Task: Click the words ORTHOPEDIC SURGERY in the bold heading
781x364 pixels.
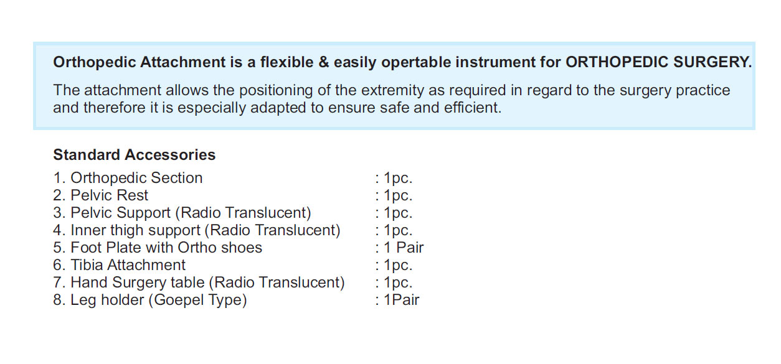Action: [658, 62]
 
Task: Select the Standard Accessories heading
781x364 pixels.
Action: [135, 156]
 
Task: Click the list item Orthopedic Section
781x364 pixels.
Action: [128, 179]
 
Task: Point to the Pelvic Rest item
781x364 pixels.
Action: [100, 195]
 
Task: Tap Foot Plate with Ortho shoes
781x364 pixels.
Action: [157, 248]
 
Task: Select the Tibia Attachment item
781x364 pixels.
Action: [119, 265]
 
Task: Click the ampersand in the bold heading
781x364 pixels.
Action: [324, 62]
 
